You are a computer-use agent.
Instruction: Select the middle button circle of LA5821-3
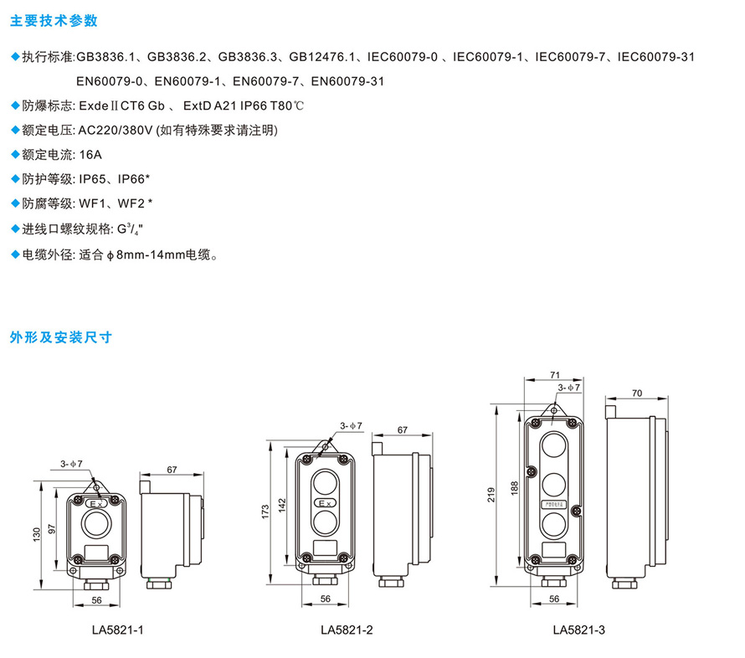coord(553,484)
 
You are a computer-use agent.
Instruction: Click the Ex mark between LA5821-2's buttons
coord(326,502)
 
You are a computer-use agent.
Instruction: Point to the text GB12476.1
coord(324,57)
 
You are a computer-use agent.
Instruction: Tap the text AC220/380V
coord(114,130)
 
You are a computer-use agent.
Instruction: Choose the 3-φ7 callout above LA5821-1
coord(72,464)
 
